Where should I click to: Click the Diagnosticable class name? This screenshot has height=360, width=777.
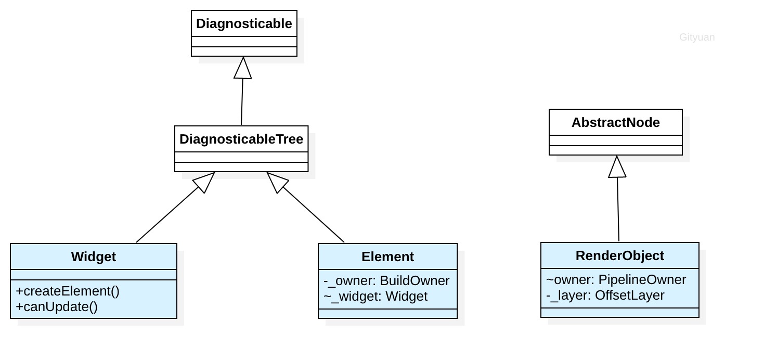(244, 23)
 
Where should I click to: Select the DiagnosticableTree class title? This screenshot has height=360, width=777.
(241, 139)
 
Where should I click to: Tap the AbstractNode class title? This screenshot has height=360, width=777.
(615, 122)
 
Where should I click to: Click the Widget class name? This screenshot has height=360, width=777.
(93, 256)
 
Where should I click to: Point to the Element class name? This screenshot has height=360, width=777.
(387, 256)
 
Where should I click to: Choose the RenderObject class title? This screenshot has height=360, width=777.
(619, 255)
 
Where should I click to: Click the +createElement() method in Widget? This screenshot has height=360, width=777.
(68, 291)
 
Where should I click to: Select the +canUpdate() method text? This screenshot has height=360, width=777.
(57, 307)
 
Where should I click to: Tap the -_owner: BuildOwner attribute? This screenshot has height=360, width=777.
(386, 280)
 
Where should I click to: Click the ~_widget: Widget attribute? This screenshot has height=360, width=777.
(375, 296)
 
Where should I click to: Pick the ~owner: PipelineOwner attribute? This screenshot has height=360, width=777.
(616, 279)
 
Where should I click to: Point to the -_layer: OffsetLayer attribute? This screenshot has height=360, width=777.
(605, 295)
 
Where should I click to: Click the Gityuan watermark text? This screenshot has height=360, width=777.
(697, 37)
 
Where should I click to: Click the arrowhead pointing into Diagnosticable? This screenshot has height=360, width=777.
(243, 68)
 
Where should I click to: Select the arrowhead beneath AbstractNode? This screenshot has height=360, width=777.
(617, 166)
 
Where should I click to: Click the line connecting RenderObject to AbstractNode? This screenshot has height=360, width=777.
(618, 209)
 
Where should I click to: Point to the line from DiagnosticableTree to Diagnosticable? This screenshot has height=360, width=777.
(242, 101)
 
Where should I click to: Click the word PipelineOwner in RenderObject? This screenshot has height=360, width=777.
(642, 279)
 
